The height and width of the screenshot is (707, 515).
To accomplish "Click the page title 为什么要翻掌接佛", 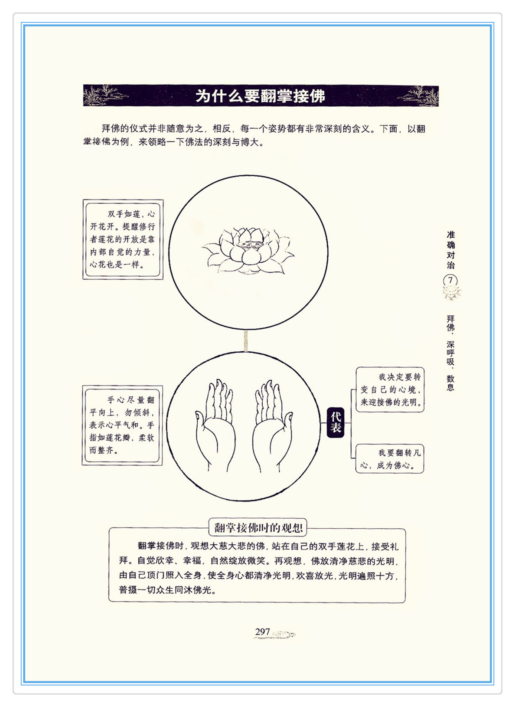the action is coord(260,95).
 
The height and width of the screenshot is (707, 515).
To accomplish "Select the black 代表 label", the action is coord(335,422).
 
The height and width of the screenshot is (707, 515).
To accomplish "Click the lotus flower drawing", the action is coord(248,251).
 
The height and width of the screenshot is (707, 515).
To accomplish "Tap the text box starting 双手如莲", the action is coord(123,239).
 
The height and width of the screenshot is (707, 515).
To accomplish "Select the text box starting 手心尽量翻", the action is coord(122,425).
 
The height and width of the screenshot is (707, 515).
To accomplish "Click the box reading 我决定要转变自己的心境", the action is coord(390,390).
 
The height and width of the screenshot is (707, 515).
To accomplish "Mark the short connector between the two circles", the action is coord(246,340).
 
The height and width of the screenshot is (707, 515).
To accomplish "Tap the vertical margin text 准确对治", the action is coord(451,250).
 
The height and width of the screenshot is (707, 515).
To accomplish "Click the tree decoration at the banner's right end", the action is coord(418,95).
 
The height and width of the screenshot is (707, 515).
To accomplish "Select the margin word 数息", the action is coord(450,383).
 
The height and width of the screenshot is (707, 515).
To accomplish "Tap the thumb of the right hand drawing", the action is coord(287,423).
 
